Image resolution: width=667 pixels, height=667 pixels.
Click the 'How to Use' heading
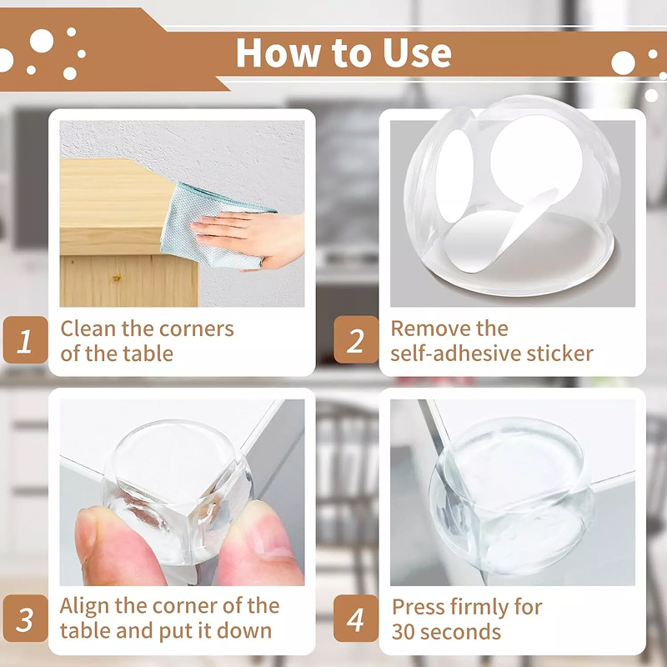(x=344, y=53)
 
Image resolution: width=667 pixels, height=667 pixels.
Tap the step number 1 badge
(x=25, y=340)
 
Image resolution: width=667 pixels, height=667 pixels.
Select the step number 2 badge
(x=356, y=340)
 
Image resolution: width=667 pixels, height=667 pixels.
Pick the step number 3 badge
(x=25, y=618)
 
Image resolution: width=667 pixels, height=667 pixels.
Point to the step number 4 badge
(x=356, y=618)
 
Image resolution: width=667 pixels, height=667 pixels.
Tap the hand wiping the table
(x=251, y=239)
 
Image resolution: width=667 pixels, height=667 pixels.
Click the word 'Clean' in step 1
(x=88, y=328)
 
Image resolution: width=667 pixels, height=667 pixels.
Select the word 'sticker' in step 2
(x=559, y=354)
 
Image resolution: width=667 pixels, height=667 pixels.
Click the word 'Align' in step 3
(x=84, y=607)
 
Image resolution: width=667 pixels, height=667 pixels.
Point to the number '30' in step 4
(x=404, y=632)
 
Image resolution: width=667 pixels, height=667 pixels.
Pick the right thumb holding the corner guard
(x=260, y=547)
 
